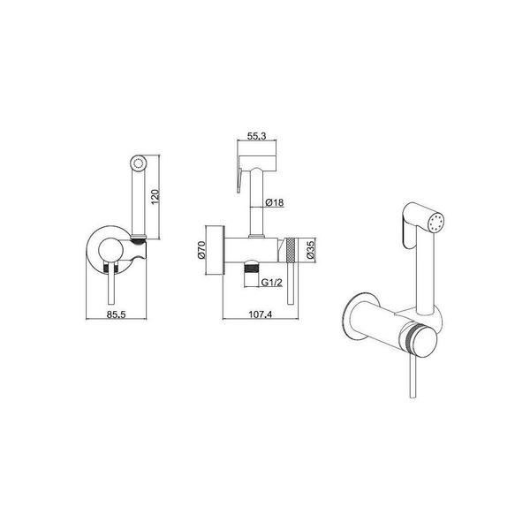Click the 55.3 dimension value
(256, 136)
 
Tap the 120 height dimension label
(155, 197)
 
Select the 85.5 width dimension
(117, 314)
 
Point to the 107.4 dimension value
(261, 314)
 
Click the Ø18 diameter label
(275, 202)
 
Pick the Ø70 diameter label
(201, 250)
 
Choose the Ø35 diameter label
(311, 250)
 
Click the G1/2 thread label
(271, 283)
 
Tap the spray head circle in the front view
(138, 163)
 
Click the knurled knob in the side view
(291, 250)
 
